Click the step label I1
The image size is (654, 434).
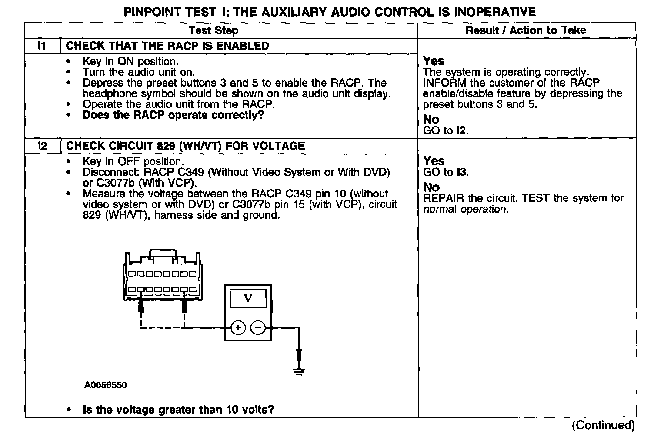click(42, 46)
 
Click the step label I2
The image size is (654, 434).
click(42, 146)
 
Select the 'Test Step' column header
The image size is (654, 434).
click(214, 30)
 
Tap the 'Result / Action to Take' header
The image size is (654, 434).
click(525, 30)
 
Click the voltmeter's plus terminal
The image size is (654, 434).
click(237, 327)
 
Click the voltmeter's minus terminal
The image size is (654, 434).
click(258, 327)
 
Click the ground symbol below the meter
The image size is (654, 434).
click(299, 371)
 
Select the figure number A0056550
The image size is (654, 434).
click(106, 385)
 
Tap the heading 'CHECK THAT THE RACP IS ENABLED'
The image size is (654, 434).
click(167, 46)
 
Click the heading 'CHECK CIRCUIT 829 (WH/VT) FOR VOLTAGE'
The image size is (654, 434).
click(185, 146)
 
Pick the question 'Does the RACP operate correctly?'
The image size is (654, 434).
click(173, 115)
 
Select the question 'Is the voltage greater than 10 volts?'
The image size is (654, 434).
click(178, 410)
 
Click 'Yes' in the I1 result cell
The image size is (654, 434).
click(434, 61)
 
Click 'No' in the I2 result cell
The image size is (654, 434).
click(431, 187)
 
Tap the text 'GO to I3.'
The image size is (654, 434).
click(446, 173)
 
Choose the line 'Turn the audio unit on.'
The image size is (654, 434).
click(139, 72)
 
